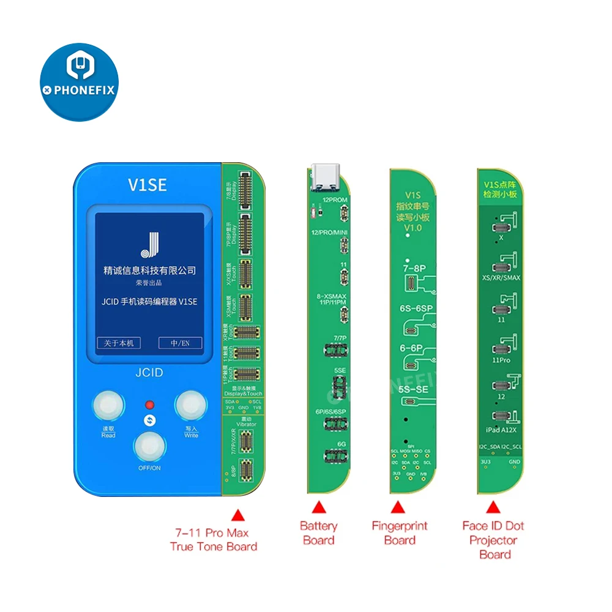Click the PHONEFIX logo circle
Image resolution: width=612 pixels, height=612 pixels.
pyautogui.click(x=79, y=82)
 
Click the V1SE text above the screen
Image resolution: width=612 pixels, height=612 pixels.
pyautogui.click(x=147, y=184)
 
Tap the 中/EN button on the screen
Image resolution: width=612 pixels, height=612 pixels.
pyautogui.click(x=180, y=343)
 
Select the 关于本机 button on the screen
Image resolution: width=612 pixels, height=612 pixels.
pyautogui.click(x=119, y=343)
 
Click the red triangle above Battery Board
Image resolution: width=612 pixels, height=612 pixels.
pyautogui.click(x=318, y=507)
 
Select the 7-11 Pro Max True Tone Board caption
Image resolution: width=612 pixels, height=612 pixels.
pyautogui.click(x=214, y=540)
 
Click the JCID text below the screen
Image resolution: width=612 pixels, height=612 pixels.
pyautogui.click(x=147, y=373)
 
